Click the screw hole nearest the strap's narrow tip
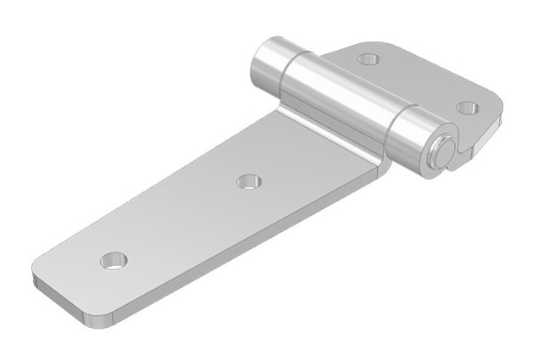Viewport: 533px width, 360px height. coord(113,261)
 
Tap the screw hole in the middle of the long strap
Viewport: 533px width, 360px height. coord(248,180)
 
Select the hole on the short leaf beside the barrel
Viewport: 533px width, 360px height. coord(368,59)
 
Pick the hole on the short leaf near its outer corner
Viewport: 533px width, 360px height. coord(467,108)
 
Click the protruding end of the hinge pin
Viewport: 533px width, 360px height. coord(441,152)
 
